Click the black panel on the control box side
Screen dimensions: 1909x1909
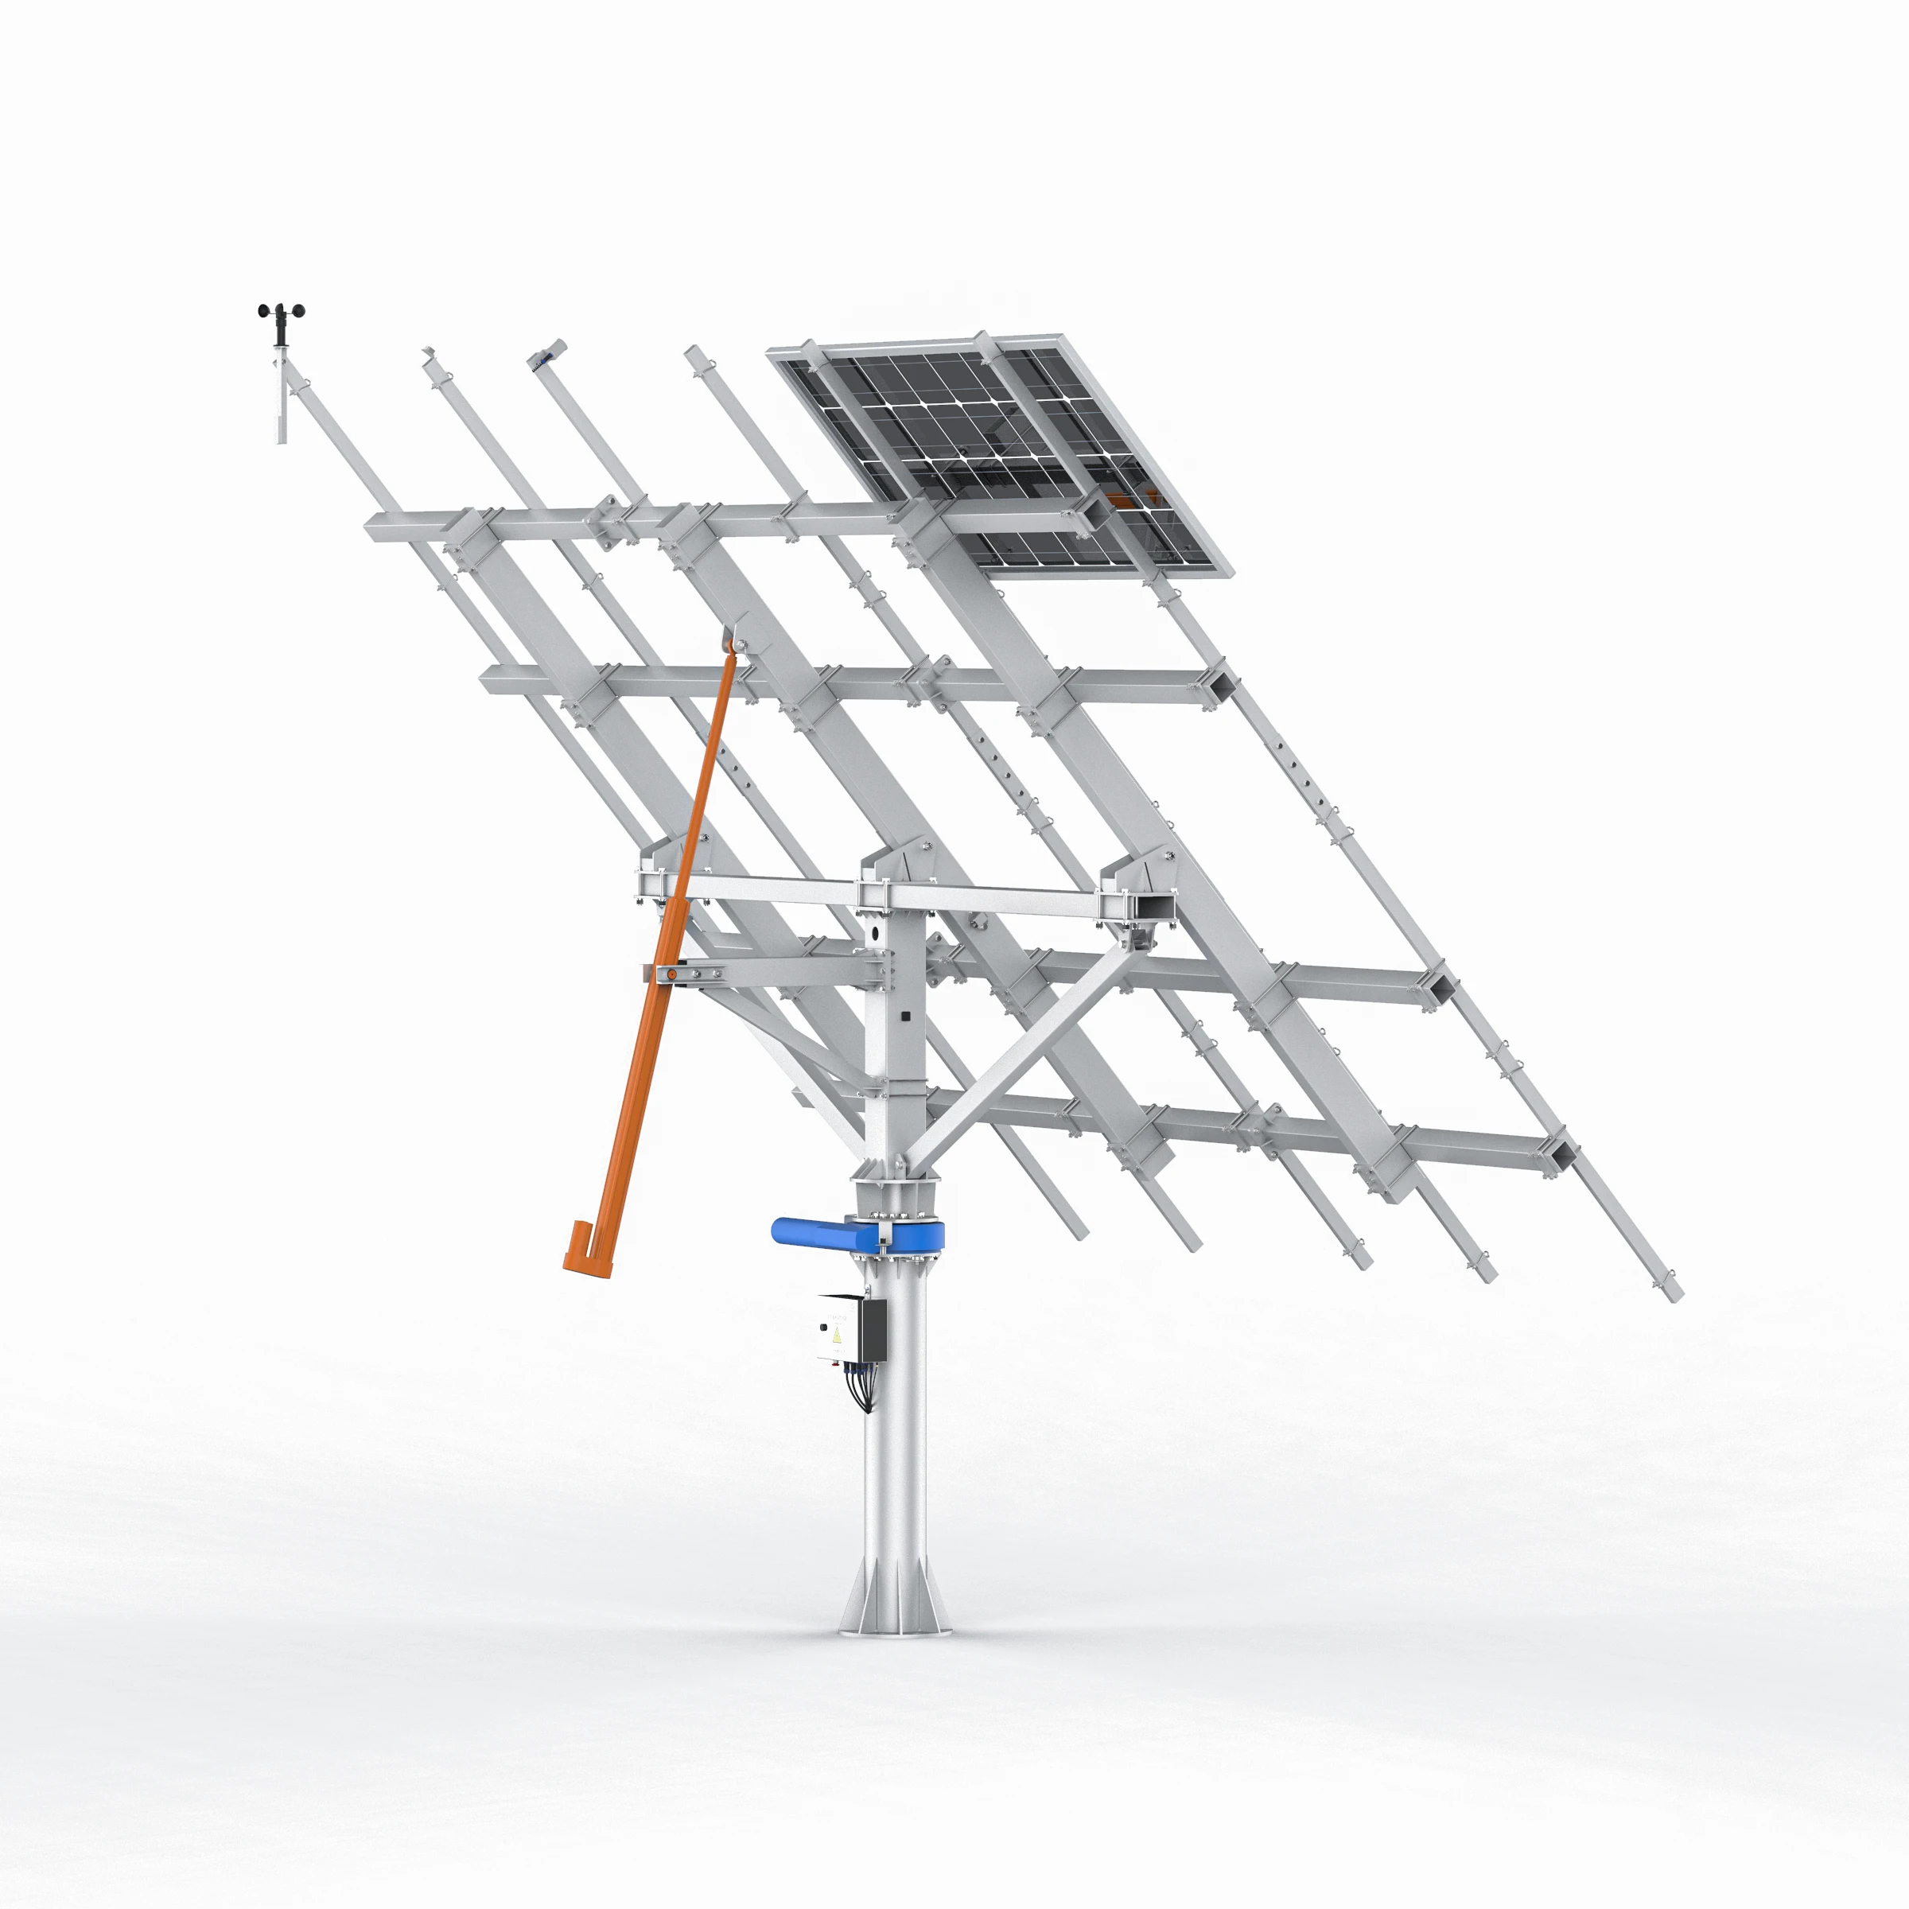pos(873,1329)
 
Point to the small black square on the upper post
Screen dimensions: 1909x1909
pos(905,1015)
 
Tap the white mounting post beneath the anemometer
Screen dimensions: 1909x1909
pos(281,400)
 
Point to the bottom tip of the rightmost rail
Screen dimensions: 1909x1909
pos(1672,1293)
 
